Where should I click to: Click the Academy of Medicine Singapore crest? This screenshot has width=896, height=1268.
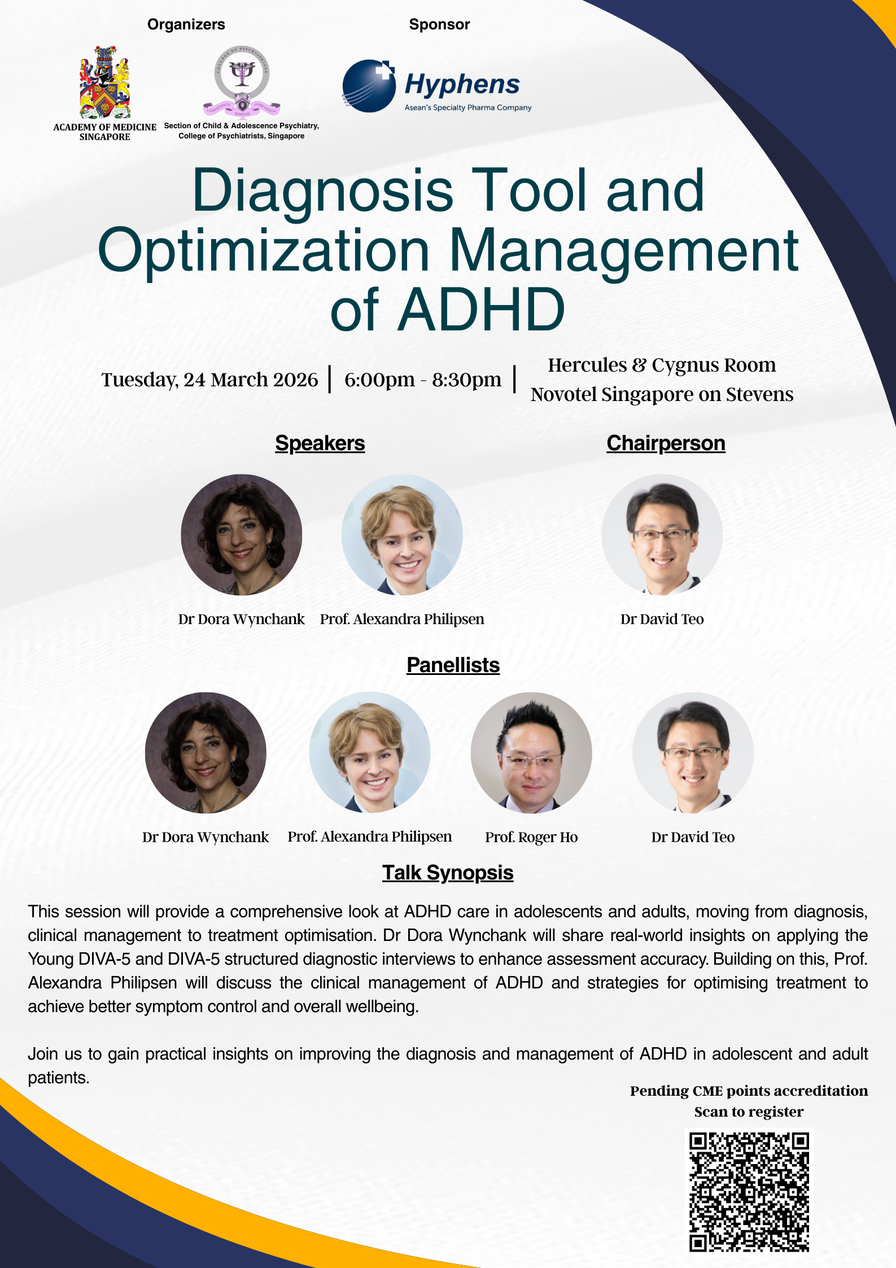[x=105, y=82]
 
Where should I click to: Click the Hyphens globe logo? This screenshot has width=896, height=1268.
[x=369, y=86]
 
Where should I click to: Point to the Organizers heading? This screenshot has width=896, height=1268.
[x=186, y=24]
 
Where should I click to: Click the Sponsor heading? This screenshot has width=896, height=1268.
[x=439, y=24]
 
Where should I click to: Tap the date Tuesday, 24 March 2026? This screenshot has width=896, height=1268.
[x=209, y=380]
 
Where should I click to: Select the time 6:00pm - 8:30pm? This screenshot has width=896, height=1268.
[x=423, y=380]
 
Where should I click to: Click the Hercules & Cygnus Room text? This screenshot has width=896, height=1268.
[x=662, y=365]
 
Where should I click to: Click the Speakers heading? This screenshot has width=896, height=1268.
[x=320, y=443]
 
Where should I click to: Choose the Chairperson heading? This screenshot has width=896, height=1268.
[x=666, y=443]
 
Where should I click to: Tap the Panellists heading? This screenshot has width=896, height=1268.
[x=453, y=665]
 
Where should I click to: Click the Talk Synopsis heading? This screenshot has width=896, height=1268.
[x=448, y=873]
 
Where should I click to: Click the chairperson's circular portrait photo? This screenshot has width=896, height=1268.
[x=662, y=535]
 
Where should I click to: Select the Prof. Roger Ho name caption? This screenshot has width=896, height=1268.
[x=531, y=837]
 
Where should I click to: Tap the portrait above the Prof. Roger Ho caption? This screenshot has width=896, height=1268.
[x=531, y=753]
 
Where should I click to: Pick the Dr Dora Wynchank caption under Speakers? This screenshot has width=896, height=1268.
[x=241, y=619]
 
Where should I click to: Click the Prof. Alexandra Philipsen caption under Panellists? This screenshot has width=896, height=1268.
[x=370, y=836]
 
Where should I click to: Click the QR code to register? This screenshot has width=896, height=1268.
[x=749, y=1192]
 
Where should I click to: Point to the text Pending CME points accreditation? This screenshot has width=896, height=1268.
[x=749, y=1091]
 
